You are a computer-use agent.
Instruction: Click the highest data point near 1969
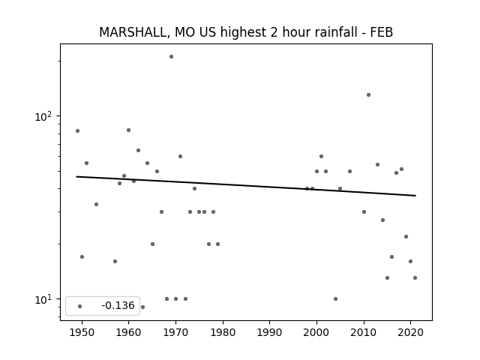[x=172, y=57]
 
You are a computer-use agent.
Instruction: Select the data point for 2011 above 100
[x=368, y=95]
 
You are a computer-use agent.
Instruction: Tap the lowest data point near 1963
[x=142, y=307]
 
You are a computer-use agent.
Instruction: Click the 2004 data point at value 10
[x=335, y=298]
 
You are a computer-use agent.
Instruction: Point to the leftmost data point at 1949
[x=77, y=131]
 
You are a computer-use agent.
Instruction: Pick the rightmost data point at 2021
[x=415, y=278]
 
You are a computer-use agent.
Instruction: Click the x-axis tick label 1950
[x=82, y=333]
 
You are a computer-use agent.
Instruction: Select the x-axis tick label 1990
[x=270, y=333]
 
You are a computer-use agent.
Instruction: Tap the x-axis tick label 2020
[x=411, y=333]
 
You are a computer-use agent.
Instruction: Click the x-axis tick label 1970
[x=175, y=333]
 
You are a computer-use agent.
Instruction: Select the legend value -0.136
[x=118, y=305]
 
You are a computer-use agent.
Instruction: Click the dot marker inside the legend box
[x=80, y=306]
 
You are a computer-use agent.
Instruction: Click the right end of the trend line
[x=415, y=196]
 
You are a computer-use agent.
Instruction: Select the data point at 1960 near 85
[x=128, y=130]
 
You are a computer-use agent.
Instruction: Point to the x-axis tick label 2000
[x=316, y=333]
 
